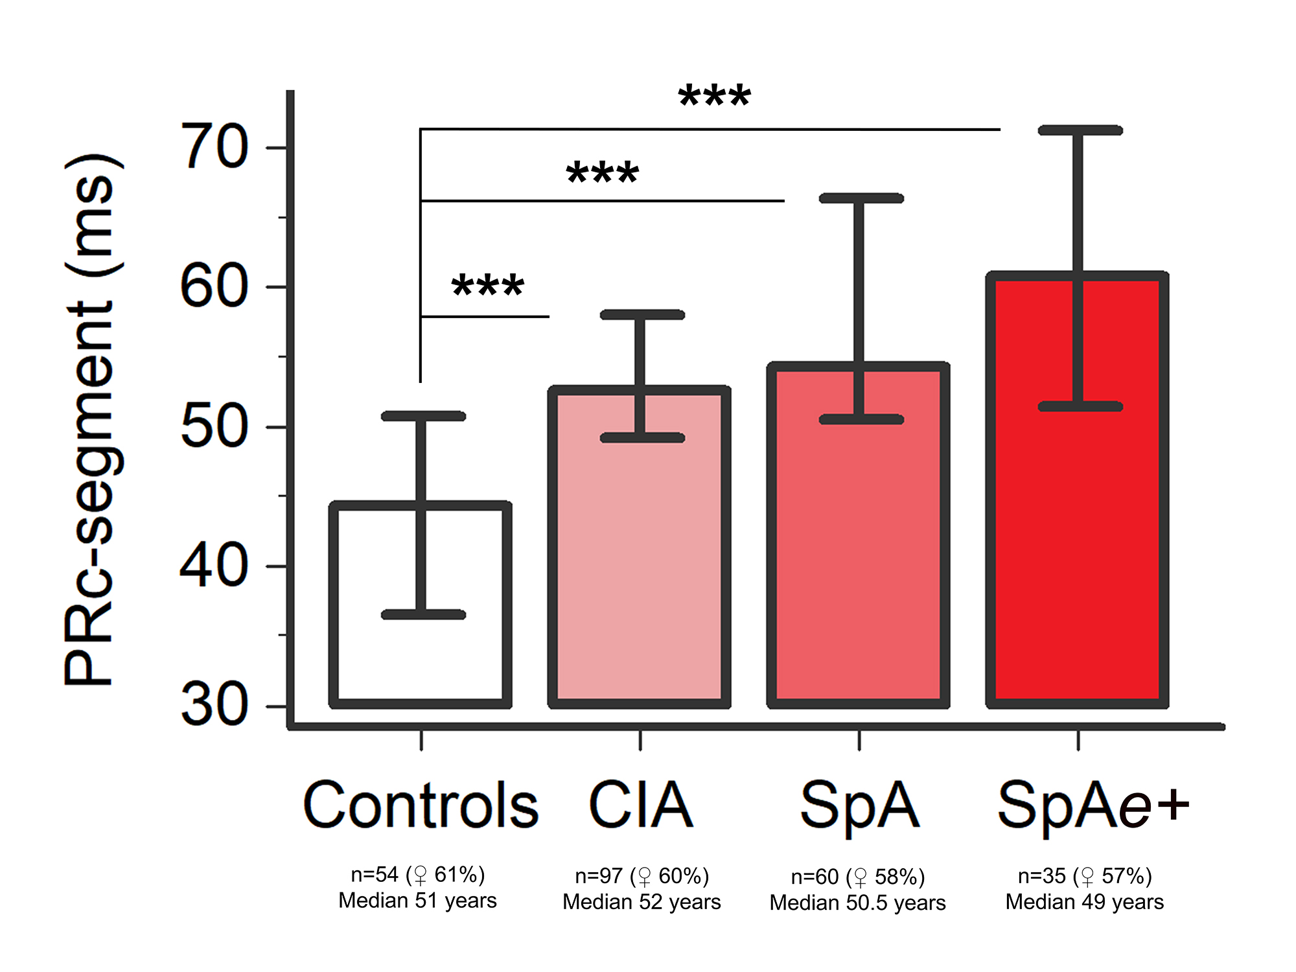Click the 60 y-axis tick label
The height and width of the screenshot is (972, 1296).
(x=214, y=286)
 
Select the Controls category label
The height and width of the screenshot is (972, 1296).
(x=421, y=805)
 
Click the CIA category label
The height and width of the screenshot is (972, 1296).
(x=640, y=805)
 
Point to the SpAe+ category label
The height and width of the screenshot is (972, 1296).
(x=1093, y=805)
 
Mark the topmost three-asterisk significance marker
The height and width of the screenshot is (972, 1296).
(x=714, y=97)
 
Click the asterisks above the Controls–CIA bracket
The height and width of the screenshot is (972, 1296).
(x=487, y=286)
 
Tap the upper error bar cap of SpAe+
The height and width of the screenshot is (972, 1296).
(x=1080, y=130)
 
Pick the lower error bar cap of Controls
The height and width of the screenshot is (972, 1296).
(x=423, y=614)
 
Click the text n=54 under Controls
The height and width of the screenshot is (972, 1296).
(x=375, y=875)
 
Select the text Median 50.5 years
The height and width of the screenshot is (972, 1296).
(x=857, y=903)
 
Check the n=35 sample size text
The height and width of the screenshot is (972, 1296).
(x=1042, y=876)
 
